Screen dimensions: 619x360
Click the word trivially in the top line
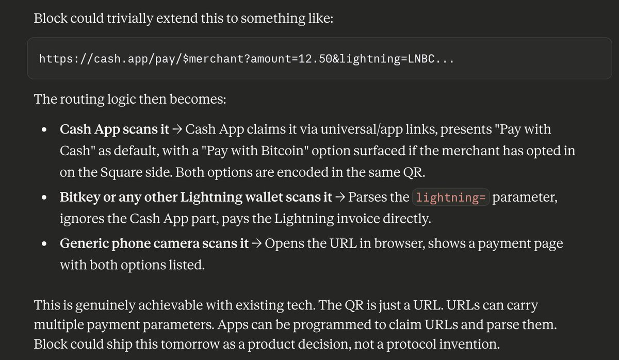130,19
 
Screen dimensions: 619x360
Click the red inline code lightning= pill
451,197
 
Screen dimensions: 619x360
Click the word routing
82,100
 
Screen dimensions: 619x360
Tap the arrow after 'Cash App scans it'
177,129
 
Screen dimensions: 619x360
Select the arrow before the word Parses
340,197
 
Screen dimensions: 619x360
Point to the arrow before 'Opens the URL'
257,243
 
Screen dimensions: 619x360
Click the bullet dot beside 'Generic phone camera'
44,243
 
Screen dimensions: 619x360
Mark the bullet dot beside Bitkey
44,197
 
